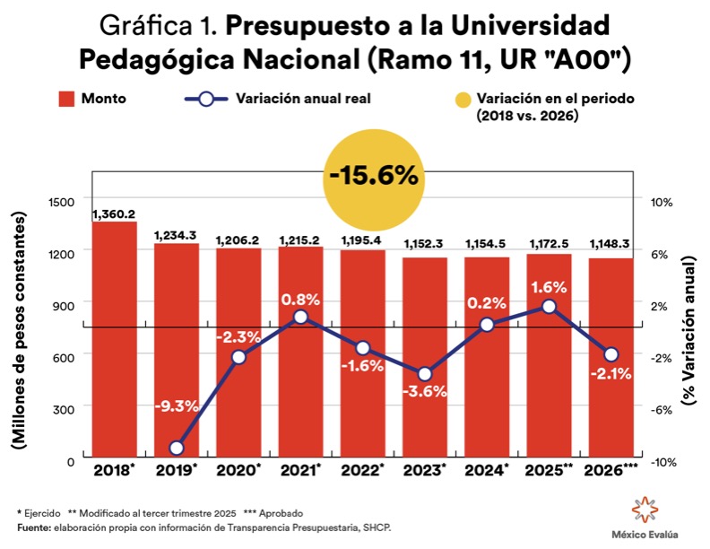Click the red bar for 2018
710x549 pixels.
coord(115,341)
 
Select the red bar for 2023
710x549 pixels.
coord(424,359)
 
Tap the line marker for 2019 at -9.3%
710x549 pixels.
coord(177,448)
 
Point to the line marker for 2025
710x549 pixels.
coord(549,307)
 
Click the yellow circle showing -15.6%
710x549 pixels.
coord(373,176)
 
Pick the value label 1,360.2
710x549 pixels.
coord(114,213)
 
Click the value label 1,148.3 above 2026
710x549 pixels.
coord(610,243)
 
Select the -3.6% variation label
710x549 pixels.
coord(425,392)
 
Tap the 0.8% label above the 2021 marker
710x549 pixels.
coord(300,299)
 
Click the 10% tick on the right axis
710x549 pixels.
coord(661,202)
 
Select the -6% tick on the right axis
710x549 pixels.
coord(661,409)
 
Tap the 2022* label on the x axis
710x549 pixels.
coord(363,470)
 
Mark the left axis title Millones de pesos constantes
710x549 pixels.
coord(18,332)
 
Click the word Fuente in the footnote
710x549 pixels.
coord(32,528)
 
